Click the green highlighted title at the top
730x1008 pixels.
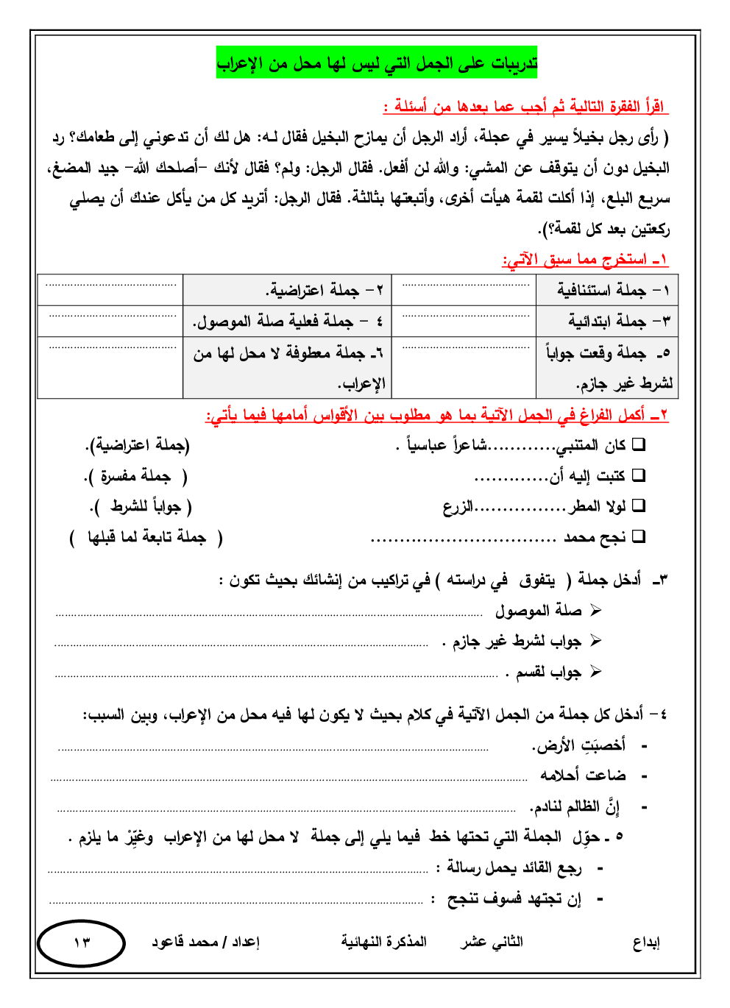point(377,64)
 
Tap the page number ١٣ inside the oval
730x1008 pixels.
point(81,943)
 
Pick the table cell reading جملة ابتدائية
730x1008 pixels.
point(607,322)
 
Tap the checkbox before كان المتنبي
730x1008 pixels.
point(639,444)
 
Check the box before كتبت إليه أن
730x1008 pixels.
point(639,475)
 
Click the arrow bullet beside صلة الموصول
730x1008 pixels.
point(595,611)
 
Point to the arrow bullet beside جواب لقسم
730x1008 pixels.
point(595,672)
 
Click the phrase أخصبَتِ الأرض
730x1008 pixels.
point(578,745)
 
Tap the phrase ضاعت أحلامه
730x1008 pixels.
point(583,775)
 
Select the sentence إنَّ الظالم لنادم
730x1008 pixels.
point(575,807)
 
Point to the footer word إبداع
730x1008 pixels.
point(646,943)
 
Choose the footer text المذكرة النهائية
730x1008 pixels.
point(383,942)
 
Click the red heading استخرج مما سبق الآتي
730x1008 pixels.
point(585,260)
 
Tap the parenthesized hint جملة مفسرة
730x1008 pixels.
point(135,477)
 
